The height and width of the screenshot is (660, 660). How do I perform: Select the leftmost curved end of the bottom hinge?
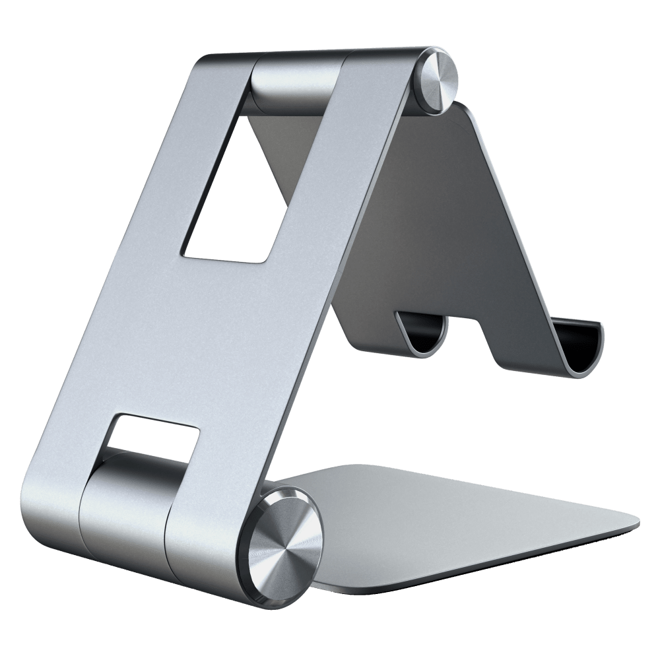(46, 502)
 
